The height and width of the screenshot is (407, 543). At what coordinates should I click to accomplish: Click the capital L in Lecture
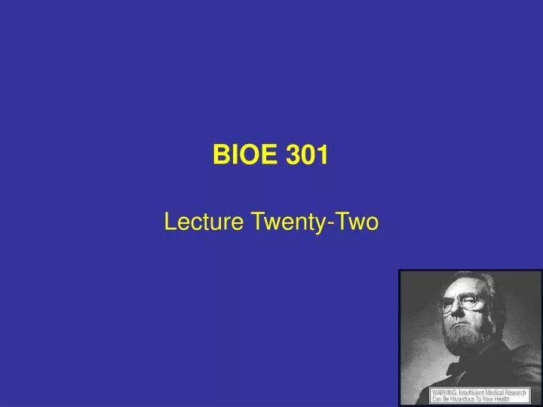pos(170,222)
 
